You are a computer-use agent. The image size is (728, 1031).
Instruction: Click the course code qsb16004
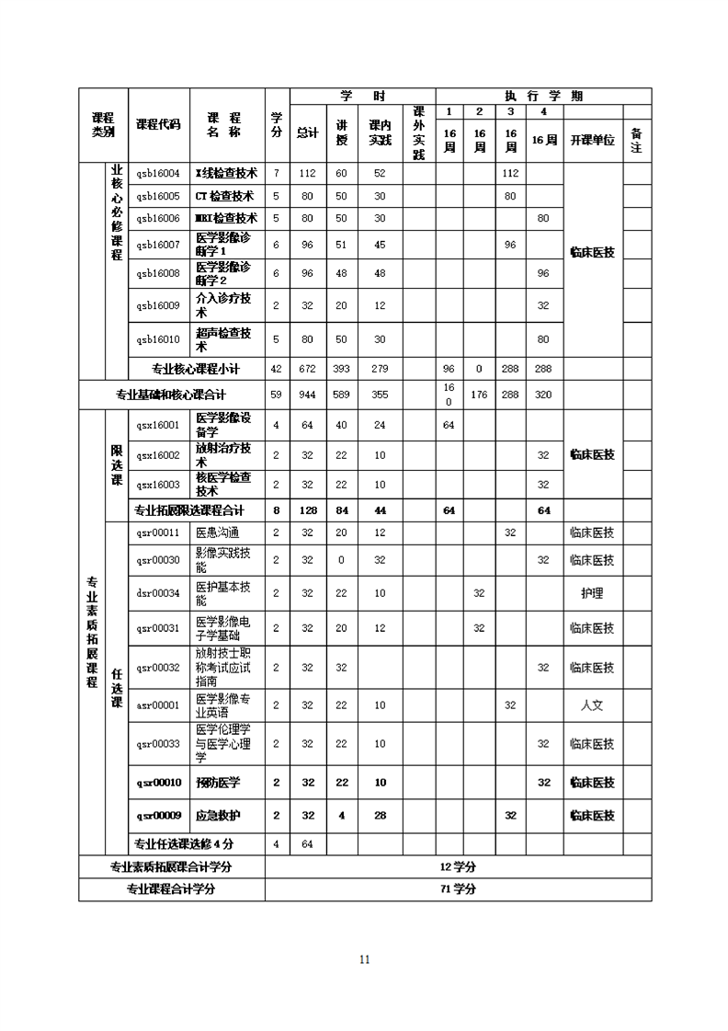[x=158, y=173]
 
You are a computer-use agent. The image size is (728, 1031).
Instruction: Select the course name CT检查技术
[x=225, y=196]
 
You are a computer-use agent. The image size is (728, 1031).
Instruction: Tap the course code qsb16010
[x=158, y=339]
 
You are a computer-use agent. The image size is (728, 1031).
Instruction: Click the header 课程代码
[x=158, y=124]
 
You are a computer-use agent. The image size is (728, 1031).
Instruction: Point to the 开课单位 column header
[x=592, y=141]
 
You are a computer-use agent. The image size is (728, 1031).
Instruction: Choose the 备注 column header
[x=636, y=141]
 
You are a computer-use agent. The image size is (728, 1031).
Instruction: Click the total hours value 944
[x=307, y=395]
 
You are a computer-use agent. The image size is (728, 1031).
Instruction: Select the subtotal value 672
[x=307, y=369]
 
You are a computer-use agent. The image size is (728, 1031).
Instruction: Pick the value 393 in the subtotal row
[x=341, y=369]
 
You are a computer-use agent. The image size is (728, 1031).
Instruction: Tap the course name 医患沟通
[x=218, y=533]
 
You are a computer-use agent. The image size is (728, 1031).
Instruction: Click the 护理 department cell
[x=592, y=593]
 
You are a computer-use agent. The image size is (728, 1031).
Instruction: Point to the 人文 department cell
[x=592, y=705]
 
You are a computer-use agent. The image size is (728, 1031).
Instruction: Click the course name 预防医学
[x=218, y=783]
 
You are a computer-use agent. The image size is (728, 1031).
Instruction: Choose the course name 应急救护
[x=218, y=816]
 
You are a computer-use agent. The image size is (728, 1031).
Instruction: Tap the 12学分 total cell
[x=458, y=866]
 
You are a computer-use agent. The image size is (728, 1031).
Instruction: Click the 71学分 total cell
[x=458, y=889]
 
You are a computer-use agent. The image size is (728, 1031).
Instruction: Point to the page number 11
[x=364, y=959]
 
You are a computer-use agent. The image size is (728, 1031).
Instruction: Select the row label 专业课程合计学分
[x=171, y=889]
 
